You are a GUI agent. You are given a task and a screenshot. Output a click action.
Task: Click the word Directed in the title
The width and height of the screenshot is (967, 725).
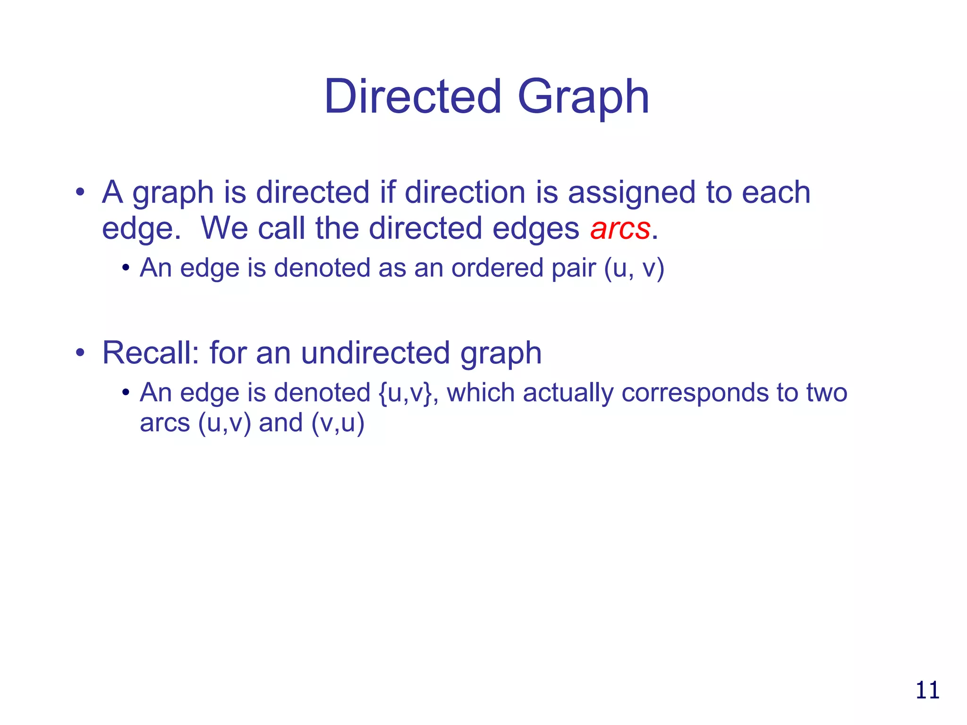[x=412, y=97]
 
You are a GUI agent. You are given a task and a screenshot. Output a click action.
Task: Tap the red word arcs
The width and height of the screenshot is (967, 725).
[x=620, y=229]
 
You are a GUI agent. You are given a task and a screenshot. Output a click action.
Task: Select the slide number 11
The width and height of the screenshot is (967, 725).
[x=927, y=690]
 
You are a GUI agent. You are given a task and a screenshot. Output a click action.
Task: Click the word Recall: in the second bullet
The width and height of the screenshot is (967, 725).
[x=151, y=353]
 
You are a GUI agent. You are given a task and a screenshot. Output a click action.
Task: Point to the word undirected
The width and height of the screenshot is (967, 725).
[x=375, y=353]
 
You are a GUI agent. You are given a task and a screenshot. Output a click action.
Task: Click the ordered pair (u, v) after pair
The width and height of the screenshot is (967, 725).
[x=634, y=268]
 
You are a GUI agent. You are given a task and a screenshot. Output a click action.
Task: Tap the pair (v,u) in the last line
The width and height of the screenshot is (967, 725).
[x=338, y=422]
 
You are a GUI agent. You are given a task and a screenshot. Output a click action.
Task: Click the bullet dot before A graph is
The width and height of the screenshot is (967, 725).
[x=80, y=193]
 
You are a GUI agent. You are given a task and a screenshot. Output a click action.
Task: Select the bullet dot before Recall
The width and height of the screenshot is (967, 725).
[x=80, y=353]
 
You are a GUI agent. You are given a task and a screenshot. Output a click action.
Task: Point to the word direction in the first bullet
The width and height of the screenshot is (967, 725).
[x=465, y=193]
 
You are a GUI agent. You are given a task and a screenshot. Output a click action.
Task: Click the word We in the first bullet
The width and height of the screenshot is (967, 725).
[x=224, y=228]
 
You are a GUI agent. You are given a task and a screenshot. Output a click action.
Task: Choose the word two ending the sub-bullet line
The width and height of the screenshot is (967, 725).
[x=826, y=393]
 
